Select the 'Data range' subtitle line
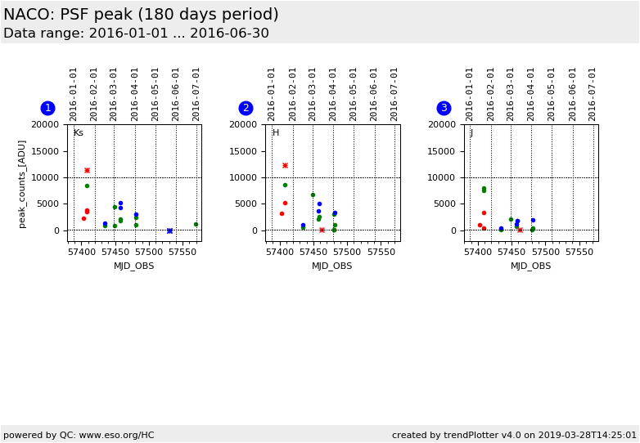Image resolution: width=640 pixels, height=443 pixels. point(136,34)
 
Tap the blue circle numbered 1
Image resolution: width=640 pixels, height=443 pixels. point(47,108)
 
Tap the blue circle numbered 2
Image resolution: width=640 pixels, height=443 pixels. point(246,108)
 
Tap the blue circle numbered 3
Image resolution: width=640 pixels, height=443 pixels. point(444,108)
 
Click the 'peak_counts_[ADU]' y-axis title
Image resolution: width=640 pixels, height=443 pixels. point(22,183)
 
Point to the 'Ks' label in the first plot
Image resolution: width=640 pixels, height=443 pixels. point(79,132)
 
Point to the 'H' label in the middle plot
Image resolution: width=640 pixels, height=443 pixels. point(276,132)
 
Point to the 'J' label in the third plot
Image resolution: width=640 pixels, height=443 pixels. point(471,132)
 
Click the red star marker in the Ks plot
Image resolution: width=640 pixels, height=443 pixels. point(87,170)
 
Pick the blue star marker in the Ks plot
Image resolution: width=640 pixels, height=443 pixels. point(169,230)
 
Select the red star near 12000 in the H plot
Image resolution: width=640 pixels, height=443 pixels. point(285,165)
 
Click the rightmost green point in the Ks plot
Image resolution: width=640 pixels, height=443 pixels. point(196,224)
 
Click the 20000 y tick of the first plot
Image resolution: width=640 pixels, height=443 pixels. point(46,124)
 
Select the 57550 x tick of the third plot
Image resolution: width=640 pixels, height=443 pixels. point(579,253)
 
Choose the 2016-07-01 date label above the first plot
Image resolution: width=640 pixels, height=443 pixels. point(196,93)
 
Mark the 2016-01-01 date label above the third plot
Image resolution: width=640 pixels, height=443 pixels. point(470,93)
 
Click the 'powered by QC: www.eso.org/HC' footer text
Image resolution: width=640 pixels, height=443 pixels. point(79,435)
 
